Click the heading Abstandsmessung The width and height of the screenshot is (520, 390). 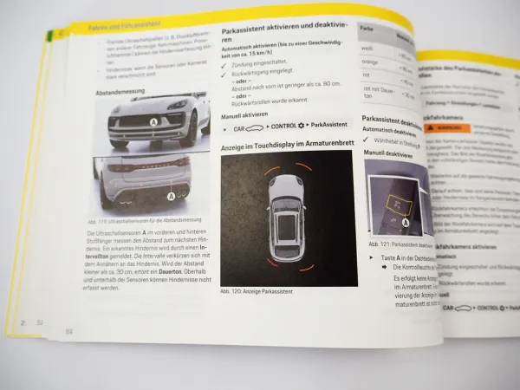[x=120, y=89]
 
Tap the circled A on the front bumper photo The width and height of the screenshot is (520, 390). [x=153, y=123]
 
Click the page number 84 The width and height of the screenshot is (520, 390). [x=68, y=331]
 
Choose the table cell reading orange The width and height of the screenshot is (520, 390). [x=370, y=62]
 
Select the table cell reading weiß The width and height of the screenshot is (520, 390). [x=367, y=49]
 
